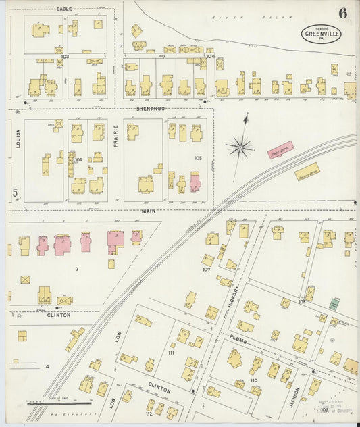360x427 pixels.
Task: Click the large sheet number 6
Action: [343, 13]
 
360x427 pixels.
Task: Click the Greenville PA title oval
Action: [322, 34]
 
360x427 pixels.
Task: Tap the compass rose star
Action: [240, 146]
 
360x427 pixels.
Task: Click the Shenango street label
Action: [150, 108]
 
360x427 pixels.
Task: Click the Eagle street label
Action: [65, 9]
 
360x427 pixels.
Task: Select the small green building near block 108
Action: [334, 304]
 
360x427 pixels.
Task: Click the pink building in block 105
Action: [195, 181]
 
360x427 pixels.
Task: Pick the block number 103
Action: [65, 56]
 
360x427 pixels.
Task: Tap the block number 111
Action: [171, 353]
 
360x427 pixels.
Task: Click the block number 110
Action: [254, 381]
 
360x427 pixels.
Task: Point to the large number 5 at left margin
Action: [15, 193]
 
